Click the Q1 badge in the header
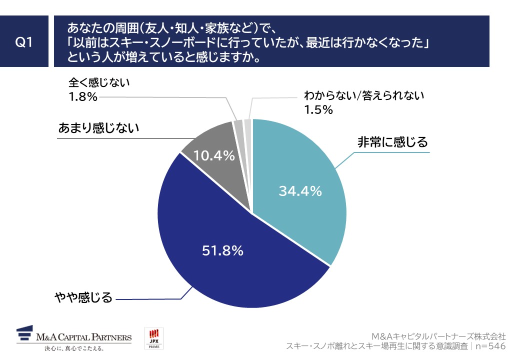[24, 42]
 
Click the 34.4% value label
[300, 191]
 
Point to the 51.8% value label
[222, 250]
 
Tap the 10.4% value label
[214, 156]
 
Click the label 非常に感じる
[392, 142]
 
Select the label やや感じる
[83, 298]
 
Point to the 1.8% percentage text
[83, 96]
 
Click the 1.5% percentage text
[318, 109]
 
